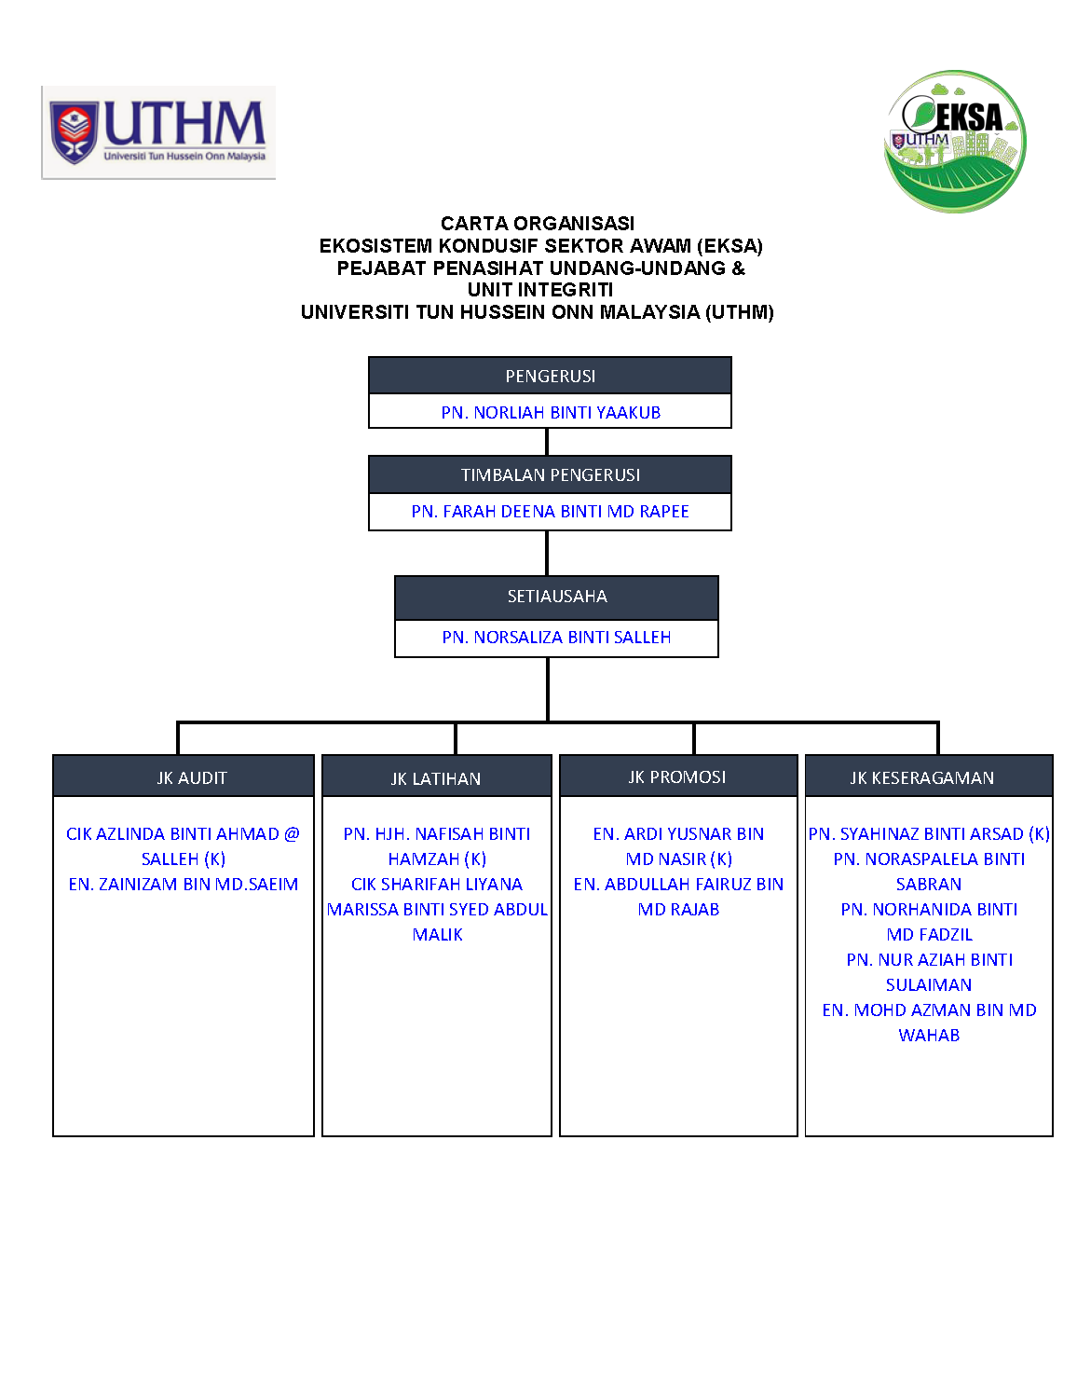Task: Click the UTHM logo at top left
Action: [x=158, y=132]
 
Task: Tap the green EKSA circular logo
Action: [x=955, y=142]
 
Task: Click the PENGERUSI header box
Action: [x=550, y=376]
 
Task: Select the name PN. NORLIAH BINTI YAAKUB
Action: [x=551, y=412]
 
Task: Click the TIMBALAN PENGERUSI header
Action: [x=550, y=474]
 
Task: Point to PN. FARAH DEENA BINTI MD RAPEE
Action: [x=550, y=512]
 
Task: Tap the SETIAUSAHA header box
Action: [x=556, y=597]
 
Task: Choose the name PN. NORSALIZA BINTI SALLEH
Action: [x=556, y=638]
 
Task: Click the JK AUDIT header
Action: [x=184, y=777]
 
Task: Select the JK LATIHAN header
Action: [x=436, y=778]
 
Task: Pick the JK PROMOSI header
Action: [x=677, y=776]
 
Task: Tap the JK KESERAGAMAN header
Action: [x=928, y=777]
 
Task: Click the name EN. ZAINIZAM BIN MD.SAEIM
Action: [x=184, y=885]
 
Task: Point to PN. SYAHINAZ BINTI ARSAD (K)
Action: [x=929, y=834]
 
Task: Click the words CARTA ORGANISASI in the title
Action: [x=538, y=224]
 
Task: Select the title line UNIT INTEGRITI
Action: [x=540, y=290]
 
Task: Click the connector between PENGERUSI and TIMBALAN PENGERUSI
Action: [x=547, y=442]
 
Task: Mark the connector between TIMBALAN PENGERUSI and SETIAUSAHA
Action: [x=547, y=553]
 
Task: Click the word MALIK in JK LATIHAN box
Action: [x=437, y=935]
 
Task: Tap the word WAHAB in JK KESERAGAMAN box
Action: [x=929, y=1036]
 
